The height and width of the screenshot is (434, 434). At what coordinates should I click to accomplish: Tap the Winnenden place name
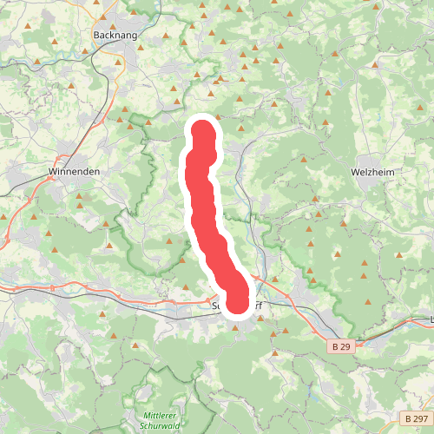[74, 172]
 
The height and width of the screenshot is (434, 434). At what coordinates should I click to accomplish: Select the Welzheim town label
[372, 172]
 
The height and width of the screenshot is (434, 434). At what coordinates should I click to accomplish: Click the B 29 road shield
[341, 345]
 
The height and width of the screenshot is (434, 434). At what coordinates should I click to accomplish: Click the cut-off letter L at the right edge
[431, 319]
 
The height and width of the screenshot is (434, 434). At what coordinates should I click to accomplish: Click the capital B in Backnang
[95, 35]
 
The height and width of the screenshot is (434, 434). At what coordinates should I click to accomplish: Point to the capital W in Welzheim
[354, 172]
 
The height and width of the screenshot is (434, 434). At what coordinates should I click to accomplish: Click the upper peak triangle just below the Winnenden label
[80, 197]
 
